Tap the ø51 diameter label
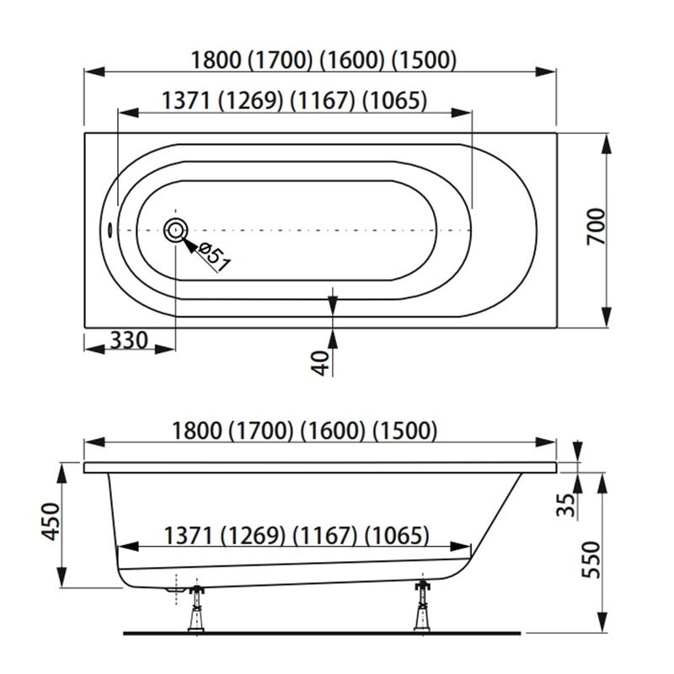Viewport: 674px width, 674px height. [x=215, y=257]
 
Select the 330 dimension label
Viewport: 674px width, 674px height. [x=129, y=340]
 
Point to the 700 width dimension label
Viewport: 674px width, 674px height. [x=596, y=227]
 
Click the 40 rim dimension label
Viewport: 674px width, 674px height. [x=320, y=363]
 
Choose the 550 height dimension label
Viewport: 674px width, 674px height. [x=591, y=559]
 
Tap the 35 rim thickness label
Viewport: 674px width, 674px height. [x=565, y=505]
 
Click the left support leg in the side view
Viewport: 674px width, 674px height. [x=196, y=608]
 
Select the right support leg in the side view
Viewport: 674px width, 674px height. [x=422, y=606]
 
